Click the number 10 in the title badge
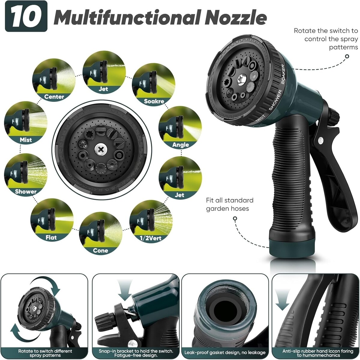pos(26,16)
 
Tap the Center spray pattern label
pos(54,97)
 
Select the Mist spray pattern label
pos(26,140)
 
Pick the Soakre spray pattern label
pos(154,101)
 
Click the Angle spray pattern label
pos(180,145)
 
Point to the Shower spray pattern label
pos(26,191)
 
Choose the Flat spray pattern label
pos(51,237)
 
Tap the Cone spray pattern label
pos(100,250)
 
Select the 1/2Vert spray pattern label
pos(150,238)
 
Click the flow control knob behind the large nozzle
pos(334,117)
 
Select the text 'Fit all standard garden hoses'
pos(230,204)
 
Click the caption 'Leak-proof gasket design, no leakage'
pos(225,352)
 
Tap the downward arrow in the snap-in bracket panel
pos(125,290)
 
